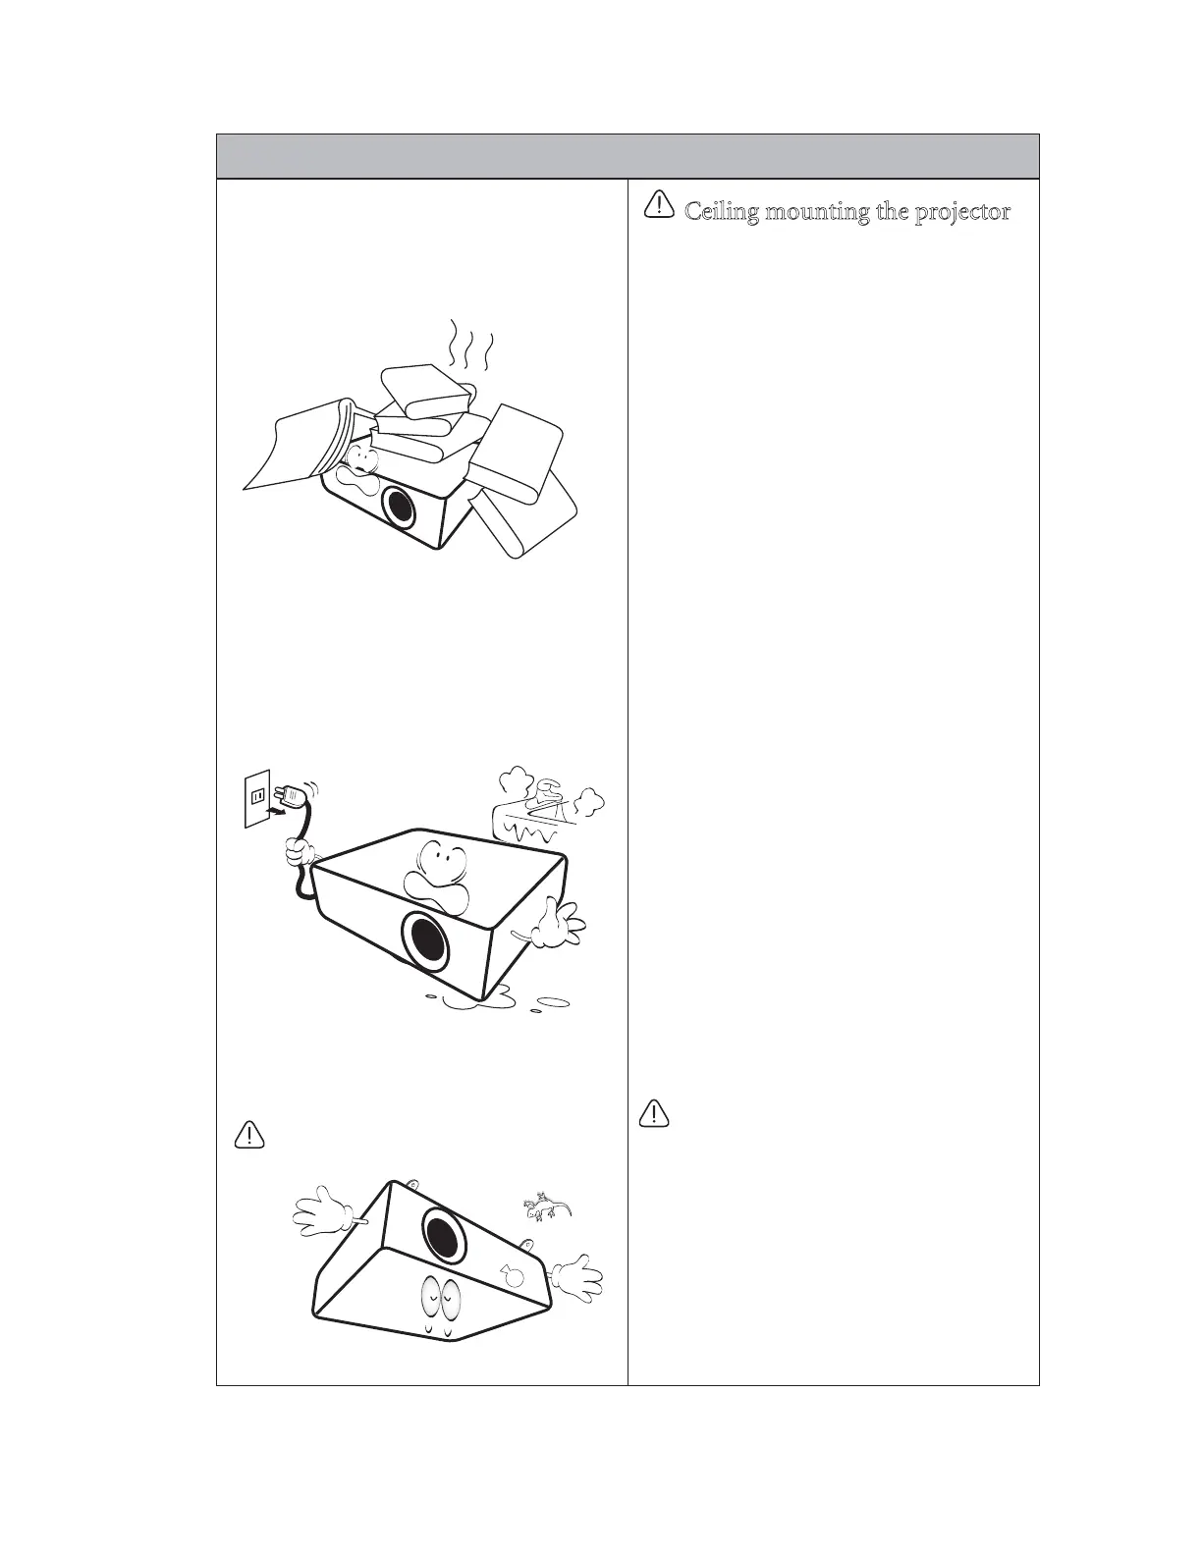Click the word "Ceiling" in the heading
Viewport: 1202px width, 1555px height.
[722, 211]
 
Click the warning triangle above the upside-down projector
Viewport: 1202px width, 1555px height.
[249, 1135]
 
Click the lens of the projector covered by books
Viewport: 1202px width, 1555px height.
[399, 508]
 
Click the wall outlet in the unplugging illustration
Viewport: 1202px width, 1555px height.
[257, 798]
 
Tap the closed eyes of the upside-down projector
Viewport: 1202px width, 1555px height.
[439, 1302]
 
